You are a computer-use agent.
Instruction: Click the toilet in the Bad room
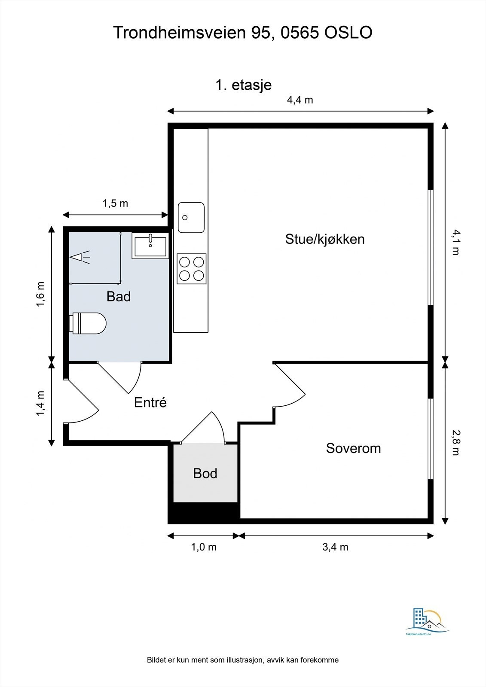coord(88,323)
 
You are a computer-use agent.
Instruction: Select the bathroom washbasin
coord(150,246)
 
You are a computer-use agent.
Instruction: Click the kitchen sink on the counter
coord(191,217)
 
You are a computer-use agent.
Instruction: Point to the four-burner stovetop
coord(192,269)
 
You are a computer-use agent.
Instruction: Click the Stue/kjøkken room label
coord(325,239)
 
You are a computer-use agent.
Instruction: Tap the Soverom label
coord(353,448)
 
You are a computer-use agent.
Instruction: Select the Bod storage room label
coord(205,473)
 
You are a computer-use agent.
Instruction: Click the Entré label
coord(150,402)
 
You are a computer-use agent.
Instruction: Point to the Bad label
coord(119,296)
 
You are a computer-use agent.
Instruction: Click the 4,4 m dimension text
coord(300,100)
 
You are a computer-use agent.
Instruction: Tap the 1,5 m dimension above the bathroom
coord(115,204)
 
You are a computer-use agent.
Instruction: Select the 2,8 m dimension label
coord(455,443)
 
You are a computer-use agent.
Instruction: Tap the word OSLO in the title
coord(348,32)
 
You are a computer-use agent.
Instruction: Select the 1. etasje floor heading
coord(244,85)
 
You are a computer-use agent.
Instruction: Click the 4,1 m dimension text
coord(455,242)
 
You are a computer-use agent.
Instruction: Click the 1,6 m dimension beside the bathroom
coord(40,294)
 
